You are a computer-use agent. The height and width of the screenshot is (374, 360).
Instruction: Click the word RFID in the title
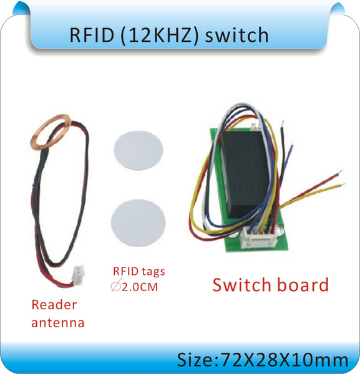[x=92, y=35]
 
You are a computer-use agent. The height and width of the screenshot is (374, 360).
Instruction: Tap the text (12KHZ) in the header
[x=160, y=36]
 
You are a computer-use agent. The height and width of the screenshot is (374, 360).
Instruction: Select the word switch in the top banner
[x=236, y=35]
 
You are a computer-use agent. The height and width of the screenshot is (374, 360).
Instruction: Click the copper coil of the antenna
[x=51, y=132]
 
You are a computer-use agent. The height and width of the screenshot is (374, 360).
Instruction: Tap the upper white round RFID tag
[x=139, y=150]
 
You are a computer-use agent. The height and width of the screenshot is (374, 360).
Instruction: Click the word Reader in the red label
[x=54, y=305]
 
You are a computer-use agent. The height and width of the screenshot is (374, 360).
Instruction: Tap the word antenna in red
[x=58, y=323]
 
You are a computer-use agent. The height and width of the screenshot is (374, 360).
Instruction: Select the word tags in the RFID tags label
[x=153, y=272]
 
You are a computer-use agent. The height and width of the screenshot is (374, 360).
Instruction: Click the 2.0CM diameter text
[x=140, y=287]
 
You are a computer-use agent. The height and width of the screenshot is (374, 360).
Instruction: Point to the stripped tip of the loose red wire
[x=339, y=172]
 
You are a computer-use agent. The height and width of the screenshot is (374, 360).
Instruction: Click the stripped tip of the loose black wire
[x=283, y=123]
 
